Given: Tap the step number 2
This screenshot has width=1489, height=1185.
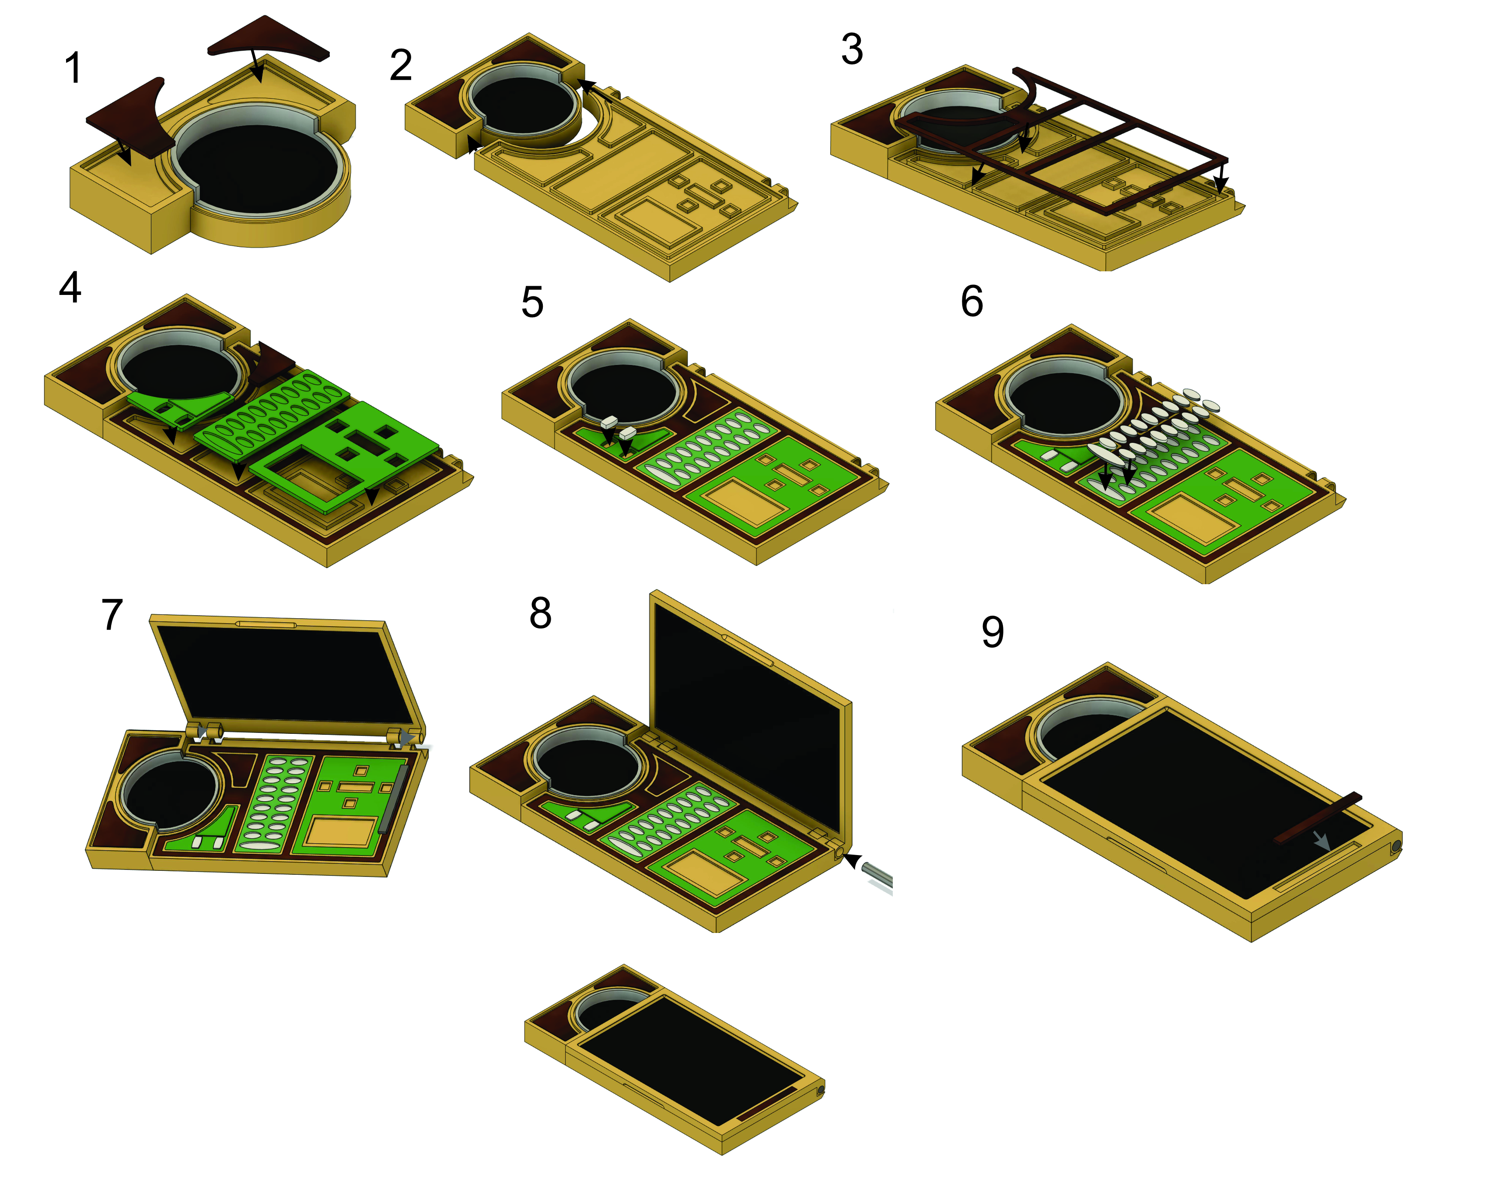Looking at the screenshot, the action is [x=401, y=66].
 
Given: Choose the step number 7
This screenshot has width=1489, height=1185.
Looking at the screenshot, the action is [x=112, y=614].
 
